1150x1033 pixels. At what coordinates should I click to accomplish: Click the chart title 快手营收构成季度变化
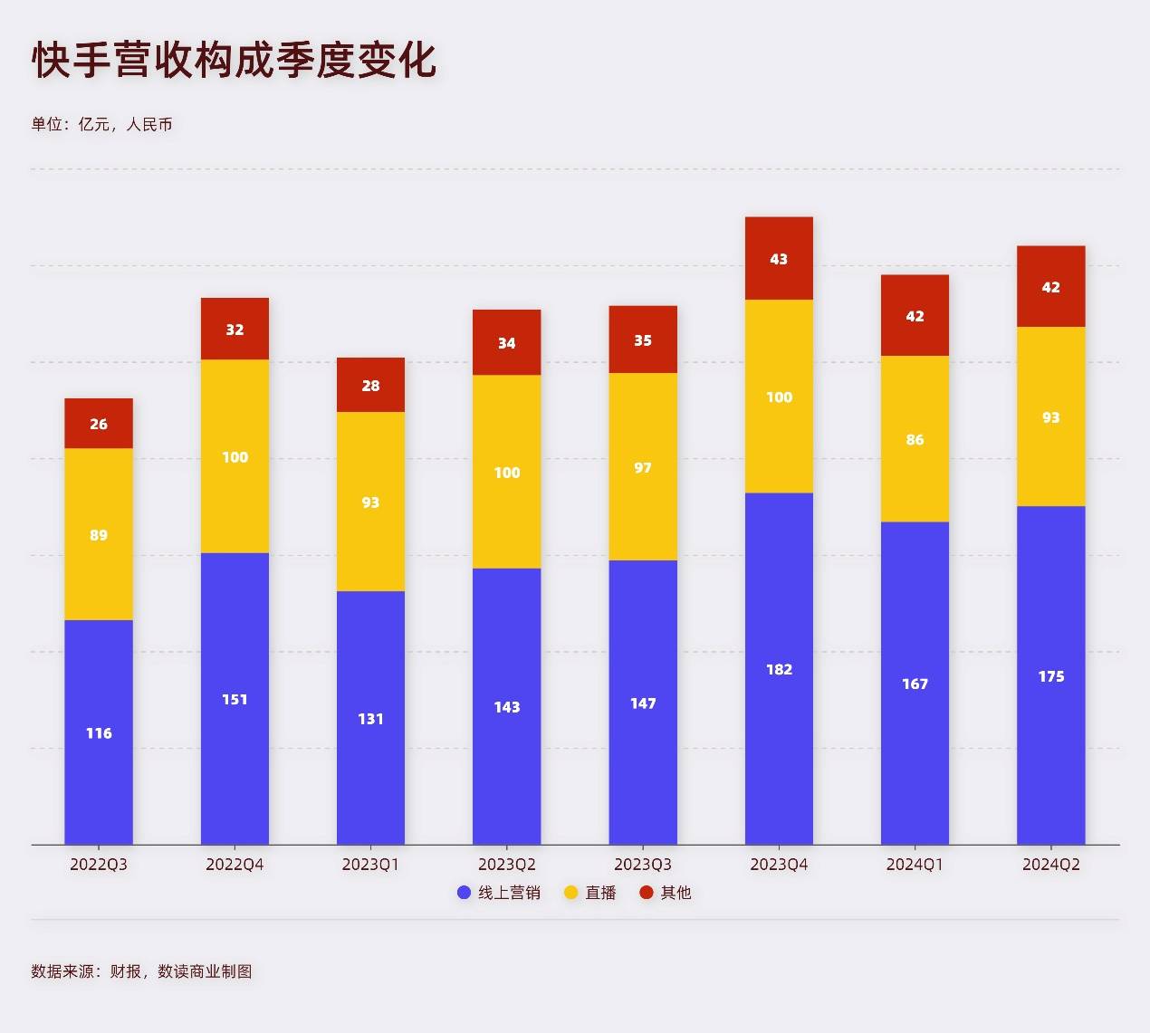coord(235,61)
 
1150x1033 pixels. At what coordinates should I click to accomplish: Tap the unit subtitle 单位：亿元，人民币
coord(101,124)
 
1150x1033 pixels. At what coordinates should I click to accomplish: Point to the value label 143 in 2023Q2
coord(507,707)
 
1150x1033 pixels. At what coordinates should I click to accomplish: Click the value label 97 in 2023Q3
coord(643,468)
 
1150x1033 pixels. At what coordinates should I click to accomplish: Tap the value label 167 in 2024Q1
coord(915,684)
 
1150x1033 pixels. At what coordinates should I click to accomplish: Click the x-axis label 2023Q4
coord(779,865)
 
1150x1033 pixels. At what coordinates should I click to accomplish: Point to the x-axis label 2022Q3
coord(99,865)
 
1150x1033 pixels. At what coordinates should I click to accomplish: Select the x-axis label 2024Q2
coord(1050,865)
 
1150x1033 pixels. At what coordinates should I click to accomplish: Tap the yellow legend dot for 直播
coord(571,893)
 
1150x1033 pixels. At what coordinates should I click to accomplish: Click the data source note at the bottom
coord(141,971)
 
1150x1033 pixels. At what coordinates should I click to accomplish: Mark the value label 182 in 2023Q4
coord(779,669)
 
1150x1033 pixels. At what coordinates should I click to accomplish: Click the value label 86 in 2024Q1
coord(915,440)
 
